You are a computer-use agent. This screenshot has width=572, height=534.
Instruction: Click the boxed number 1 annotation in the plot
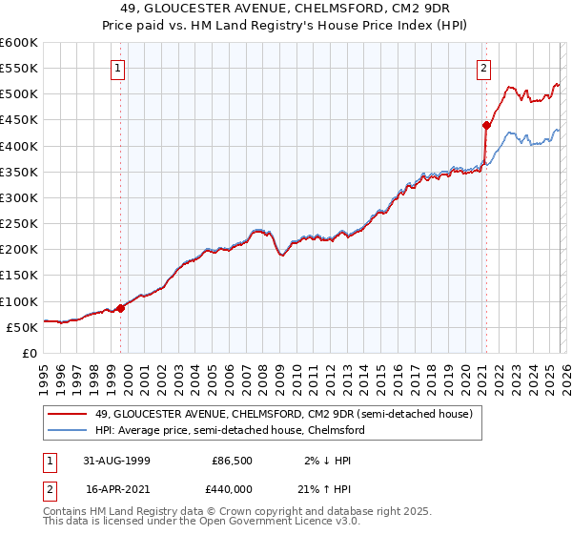click(x=117, y=68)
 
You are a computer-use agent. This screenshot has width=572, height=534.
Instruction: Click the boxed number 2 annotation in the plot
click(x=483, y=68)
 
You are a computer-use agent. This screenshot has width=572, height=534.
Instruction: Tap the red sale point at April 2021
click(x=485, y=125)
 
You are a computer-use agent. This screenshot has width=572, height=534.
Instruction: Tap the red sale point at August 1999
click(x=121, y=308)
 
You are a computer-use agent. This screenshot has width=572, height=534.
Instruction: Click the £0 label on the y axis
click(x=29, y=353)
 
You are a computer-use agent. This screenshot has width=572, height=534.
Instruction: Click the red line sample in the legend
click(x=69, y=415)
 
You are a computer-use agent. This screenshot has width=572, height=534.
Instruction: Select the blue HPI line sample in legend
click(x=69, y=431)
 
